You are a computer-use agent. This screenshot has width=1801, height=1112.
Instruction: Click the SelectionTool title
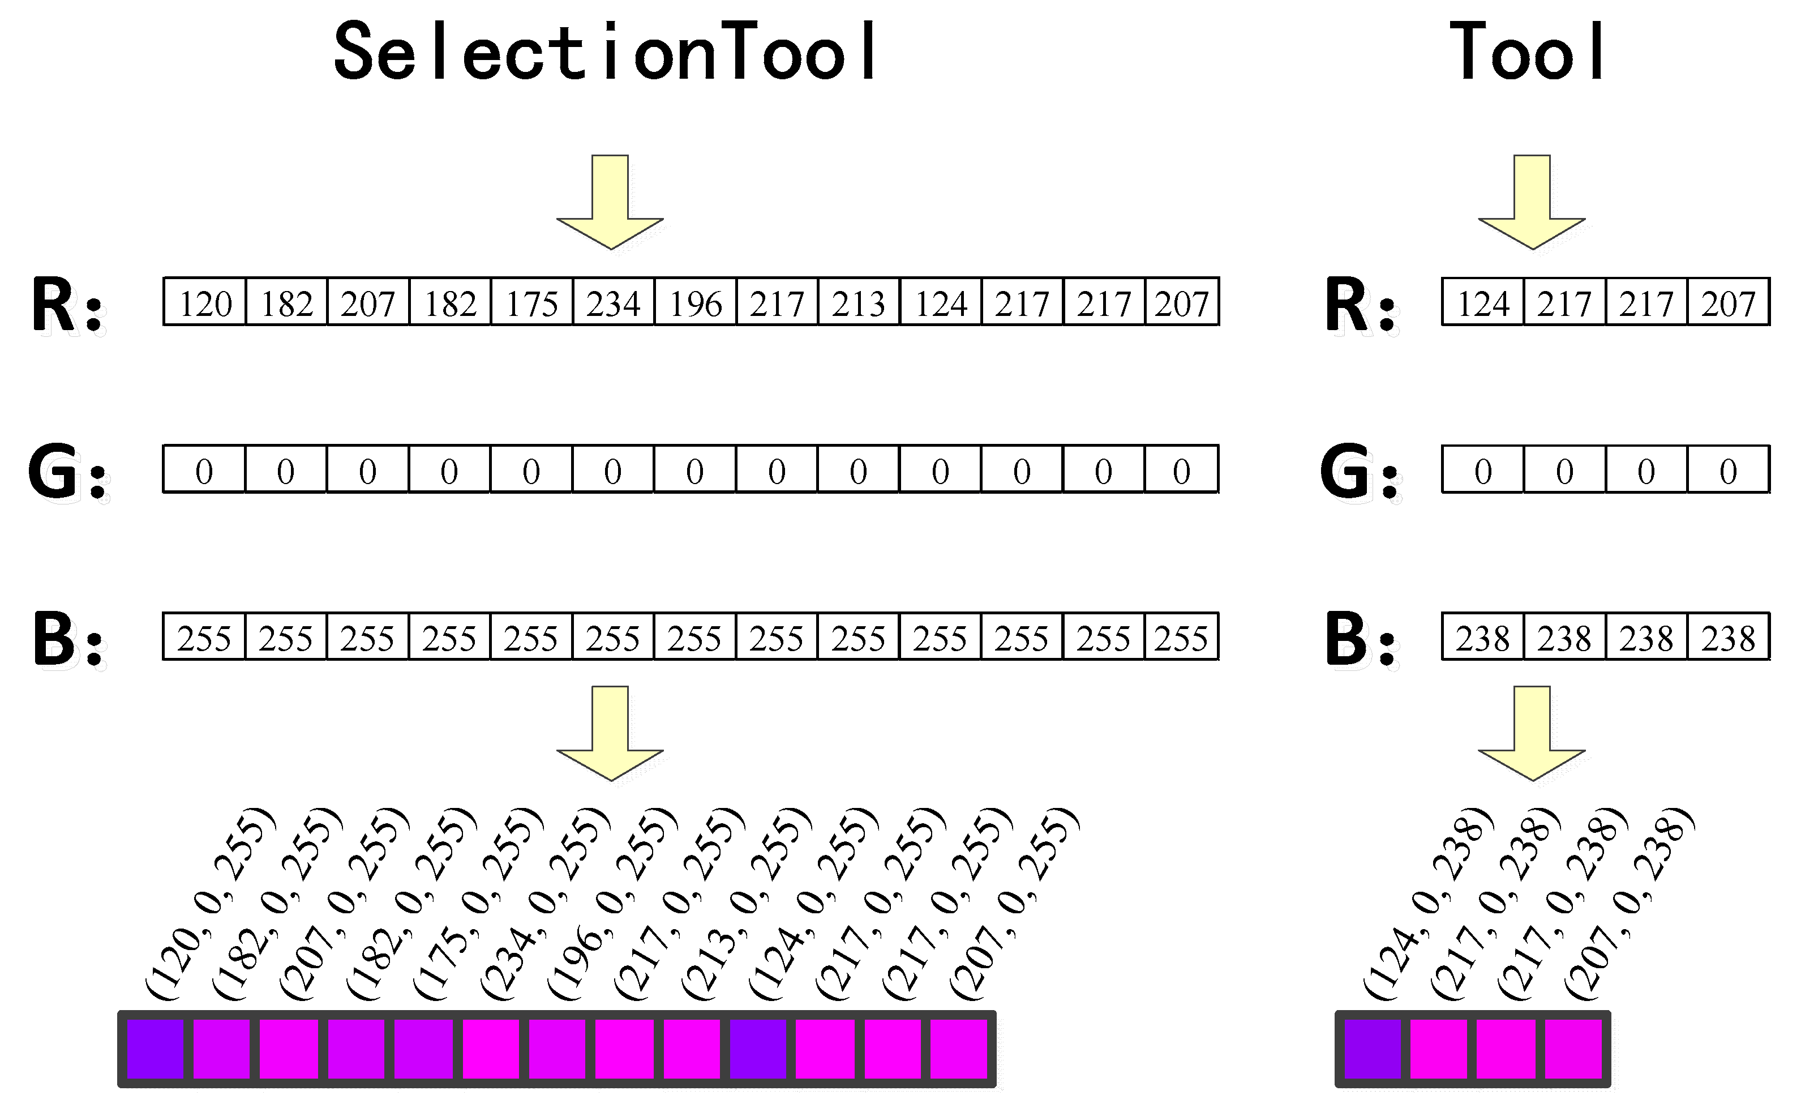(605, 52)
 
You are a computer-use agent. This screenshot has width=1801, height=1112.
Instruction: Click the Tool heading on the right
(1527, 52)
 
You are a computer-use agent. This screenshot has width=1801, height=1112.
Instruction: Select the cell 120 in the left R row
(205, 303)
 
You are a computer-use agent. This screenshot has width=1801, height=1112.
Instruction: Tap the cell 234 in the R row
(613, 303)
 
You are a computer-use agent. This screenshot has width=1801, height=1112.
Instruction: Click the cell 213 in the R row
(859, 303)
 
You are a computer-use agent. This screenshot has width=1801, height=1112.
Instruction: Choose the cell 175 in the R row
(531, 303)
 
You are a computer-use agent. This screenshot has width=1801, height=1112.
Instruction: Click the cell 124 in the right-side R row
(1483, 303)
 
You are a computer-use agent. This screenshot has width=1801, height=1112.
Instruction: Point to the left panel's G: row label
(66, 472)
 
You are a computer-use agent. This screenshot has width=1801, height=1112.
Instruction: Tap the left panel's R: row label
(66, 305)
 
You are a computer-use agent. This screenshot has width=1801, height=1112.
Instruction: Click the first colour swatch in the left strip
(155, 1049)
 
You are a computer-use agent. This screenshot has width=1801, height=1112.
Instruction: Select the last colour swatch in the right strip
(1573, 1049)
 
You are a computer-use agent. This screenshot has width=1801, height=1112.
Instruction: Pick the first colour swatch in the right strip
(1373, 1049)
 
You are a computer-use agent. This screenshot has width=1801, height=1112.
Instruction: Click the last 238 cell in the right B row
(1727, 638)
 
